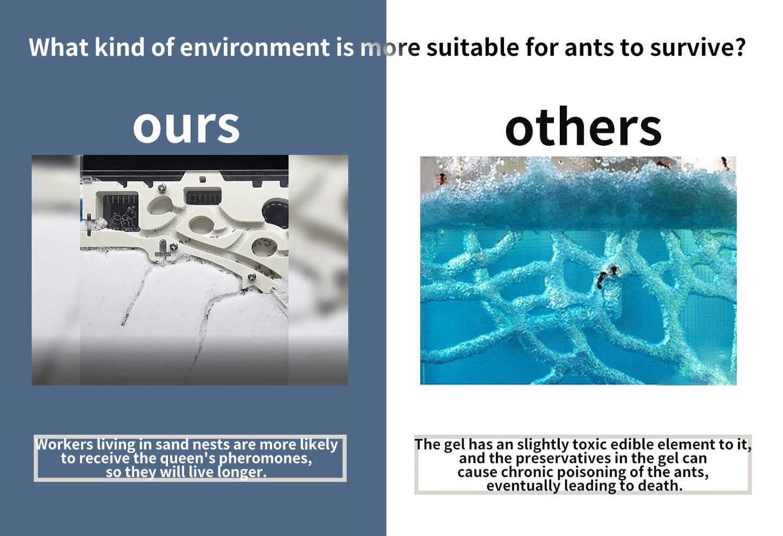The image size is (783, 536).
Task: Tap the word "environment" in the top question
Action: point(255,48)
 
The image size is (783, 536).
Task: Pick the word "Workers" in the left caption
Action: point(64,445)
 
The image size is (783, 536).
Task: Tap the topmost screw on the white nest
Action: point(162,187)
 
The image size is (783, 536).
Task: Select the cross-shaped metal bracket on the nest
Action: point(163,249)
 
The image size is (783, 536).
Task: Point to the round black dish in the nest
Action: point(275,212)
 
